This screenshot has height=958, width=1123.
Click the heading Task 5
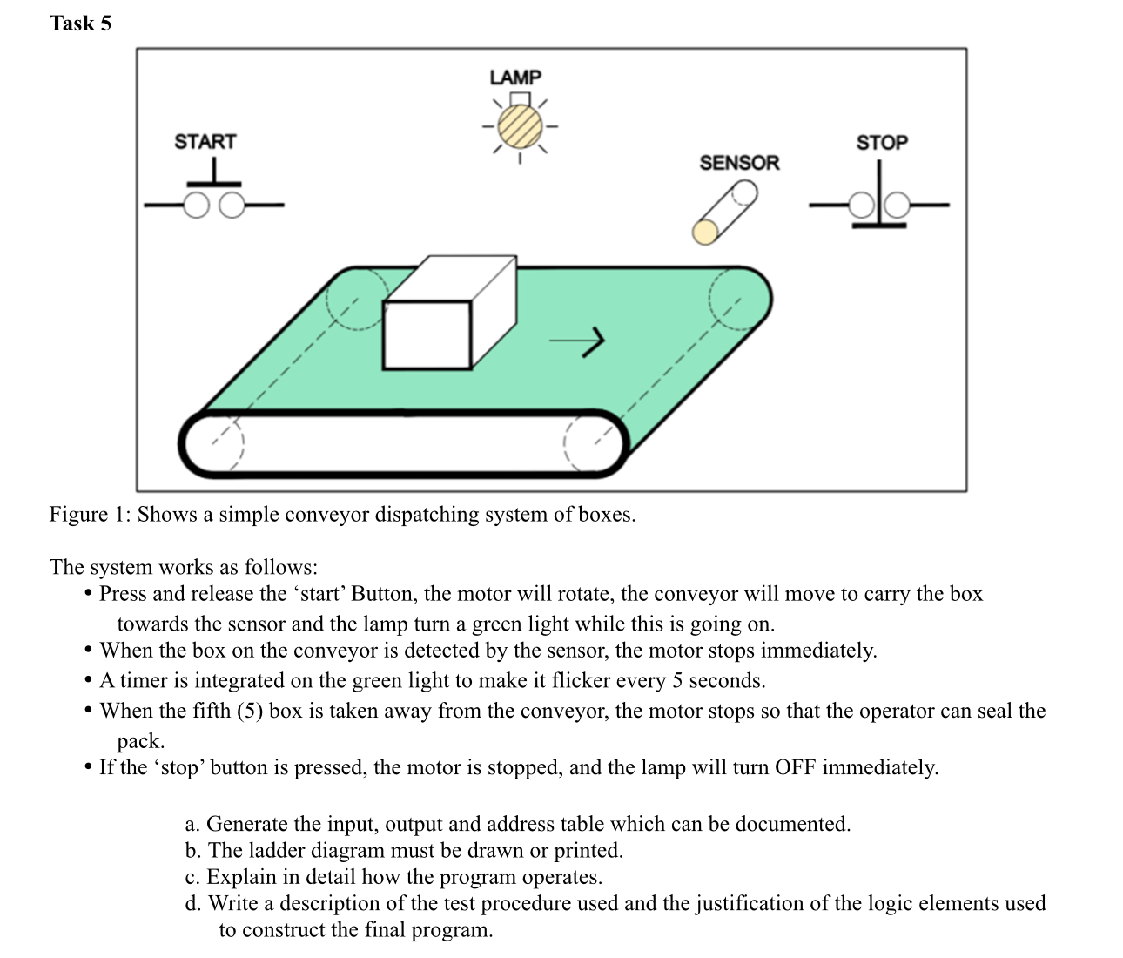coord(80,24)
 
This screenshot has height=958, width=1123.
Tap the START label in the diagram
coord(205,141)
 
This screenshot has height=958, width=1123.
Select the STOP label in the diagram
coord(881,142)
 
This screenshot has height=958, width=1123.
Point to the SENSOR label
coord(739,163)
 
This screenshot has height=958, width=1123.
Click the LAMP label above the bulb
coord(515,78)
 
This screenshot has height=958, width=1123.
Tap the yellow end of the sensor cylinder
coord(705,231)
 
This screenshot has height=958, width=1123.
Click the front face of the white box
coord(427,334)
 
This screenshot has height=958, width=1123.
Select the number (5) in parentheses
coord(250,711)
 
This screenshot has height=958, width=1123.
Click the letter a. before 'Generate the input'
coord(193,824)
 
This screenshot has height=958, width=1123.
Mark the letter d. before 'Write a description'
coord(193,903)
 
